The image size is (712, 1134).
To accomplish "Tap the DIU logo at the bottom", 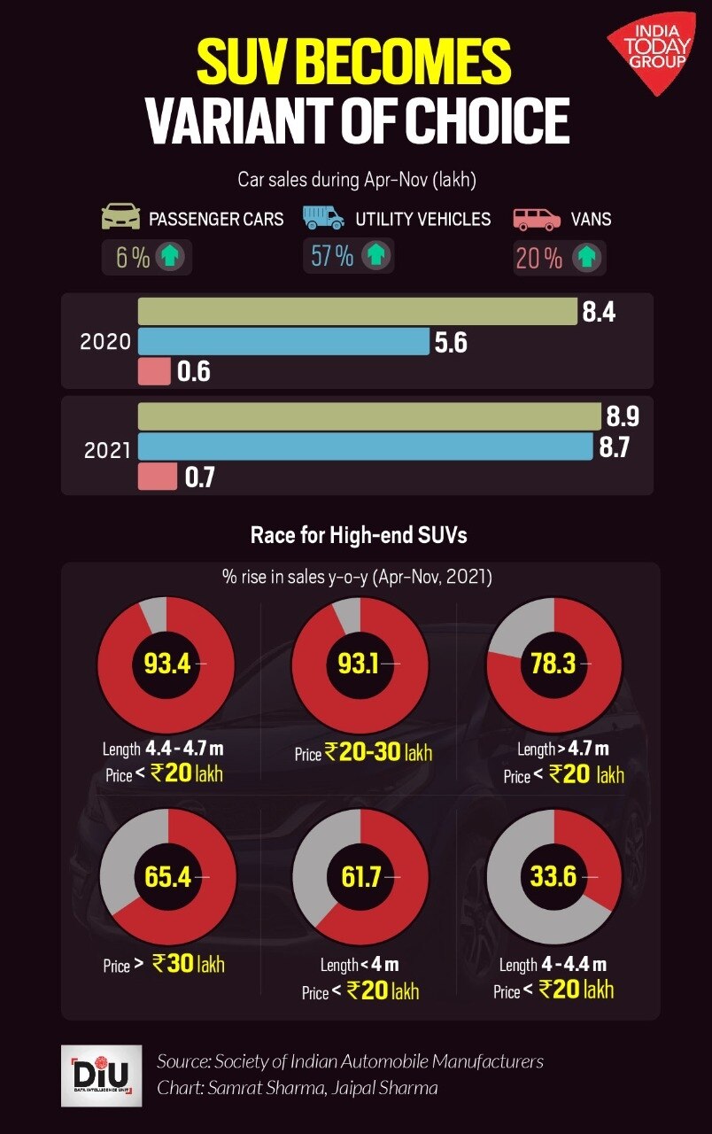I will click(x=89, y=1075).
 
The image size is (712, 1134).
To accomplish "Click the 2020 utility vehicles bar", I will click(x=282, y=342).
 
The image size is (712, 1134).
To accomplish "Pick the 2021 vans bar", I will click(x=158, y=478).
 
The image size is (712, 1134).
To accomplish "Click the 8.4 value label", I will click(x=599, y=312).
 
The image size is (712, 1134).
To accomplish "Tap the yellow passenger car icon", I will click(x=121, y=217).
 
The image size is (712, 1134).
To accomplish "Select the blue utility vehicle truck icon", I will click(x=323, y=218).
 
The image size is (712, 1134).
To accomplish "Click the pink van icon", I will click(x=538, y=218).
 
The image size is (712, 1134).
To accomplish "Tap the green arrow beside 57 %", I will click(x=377, y=256).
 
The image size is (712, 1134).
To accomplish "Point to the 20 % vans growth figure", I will click(x=538, y=258).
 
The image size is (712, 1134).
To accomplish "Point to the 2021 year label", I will click(x=107, y=450).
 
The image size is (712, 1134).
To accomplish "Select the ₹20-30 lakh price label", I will click(x=378, y=753).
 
